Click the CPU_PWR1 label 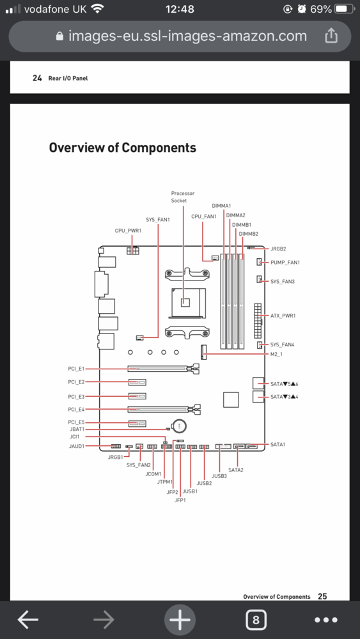tap(128, 231)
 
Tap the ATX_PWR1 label tap(283, 316)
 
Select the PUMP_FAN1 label tap(285, 263)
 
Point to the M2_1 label tap(276, 355)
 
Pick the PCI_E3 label tap(76, 397)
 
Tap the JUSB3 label tap(219, 475)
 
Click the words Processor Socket tap(183, 197)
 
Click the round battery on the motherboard tap(179, 426)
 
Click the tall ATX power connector tap(258, 321)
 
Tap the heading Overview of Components tap(122, 148)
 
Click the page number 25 tap(322, 596)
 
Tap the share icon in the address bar tap(331, 36)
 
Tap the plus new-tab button tap(180, 620)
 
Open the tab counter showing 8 tap(256, 620)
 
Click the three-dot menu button tap(326, 620)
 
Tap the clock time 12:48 tap(180, 8)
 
